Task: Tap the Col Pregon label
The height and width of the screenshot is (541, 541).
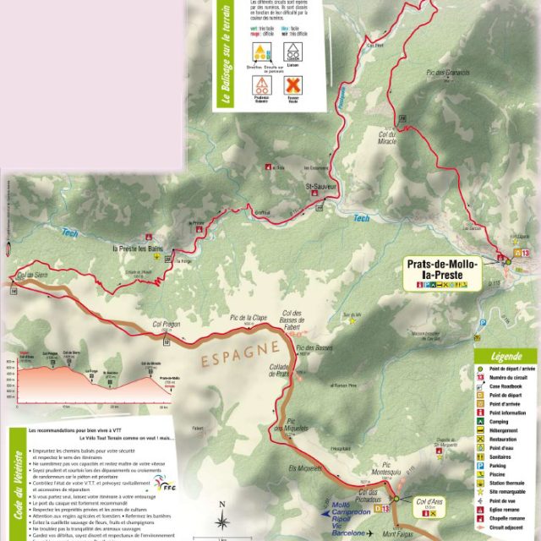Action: [167, 323]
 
